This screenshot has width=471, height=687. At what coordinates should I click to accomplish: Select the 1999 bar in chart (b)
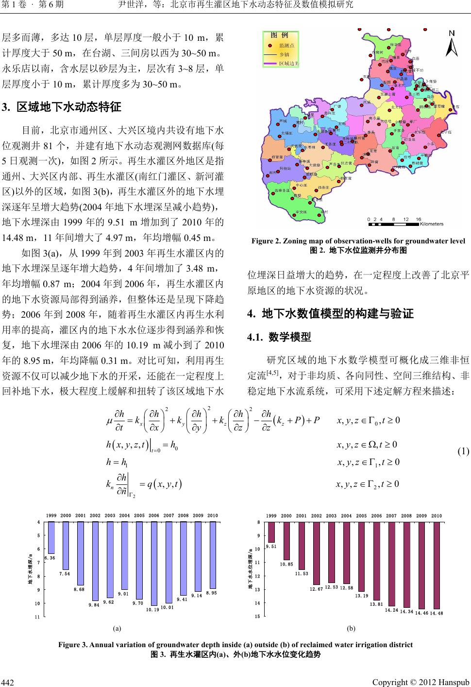(x=271, y=532)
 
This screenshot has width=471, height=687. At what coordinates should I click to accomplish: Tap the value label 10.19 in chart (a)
(x=153, y=609)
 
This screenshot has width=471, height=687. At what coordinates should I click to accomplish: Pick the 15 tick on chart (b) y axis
(x=259, y=617)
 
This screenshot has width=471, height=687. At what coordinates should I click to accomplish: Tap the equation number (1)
(x=462, y=451)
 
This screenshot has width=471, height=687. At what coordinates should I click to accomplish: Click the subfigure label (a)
(x=117, y=628)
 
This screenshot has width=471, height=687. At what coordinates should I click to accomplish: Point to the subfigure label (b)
(x=352, y=628)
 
